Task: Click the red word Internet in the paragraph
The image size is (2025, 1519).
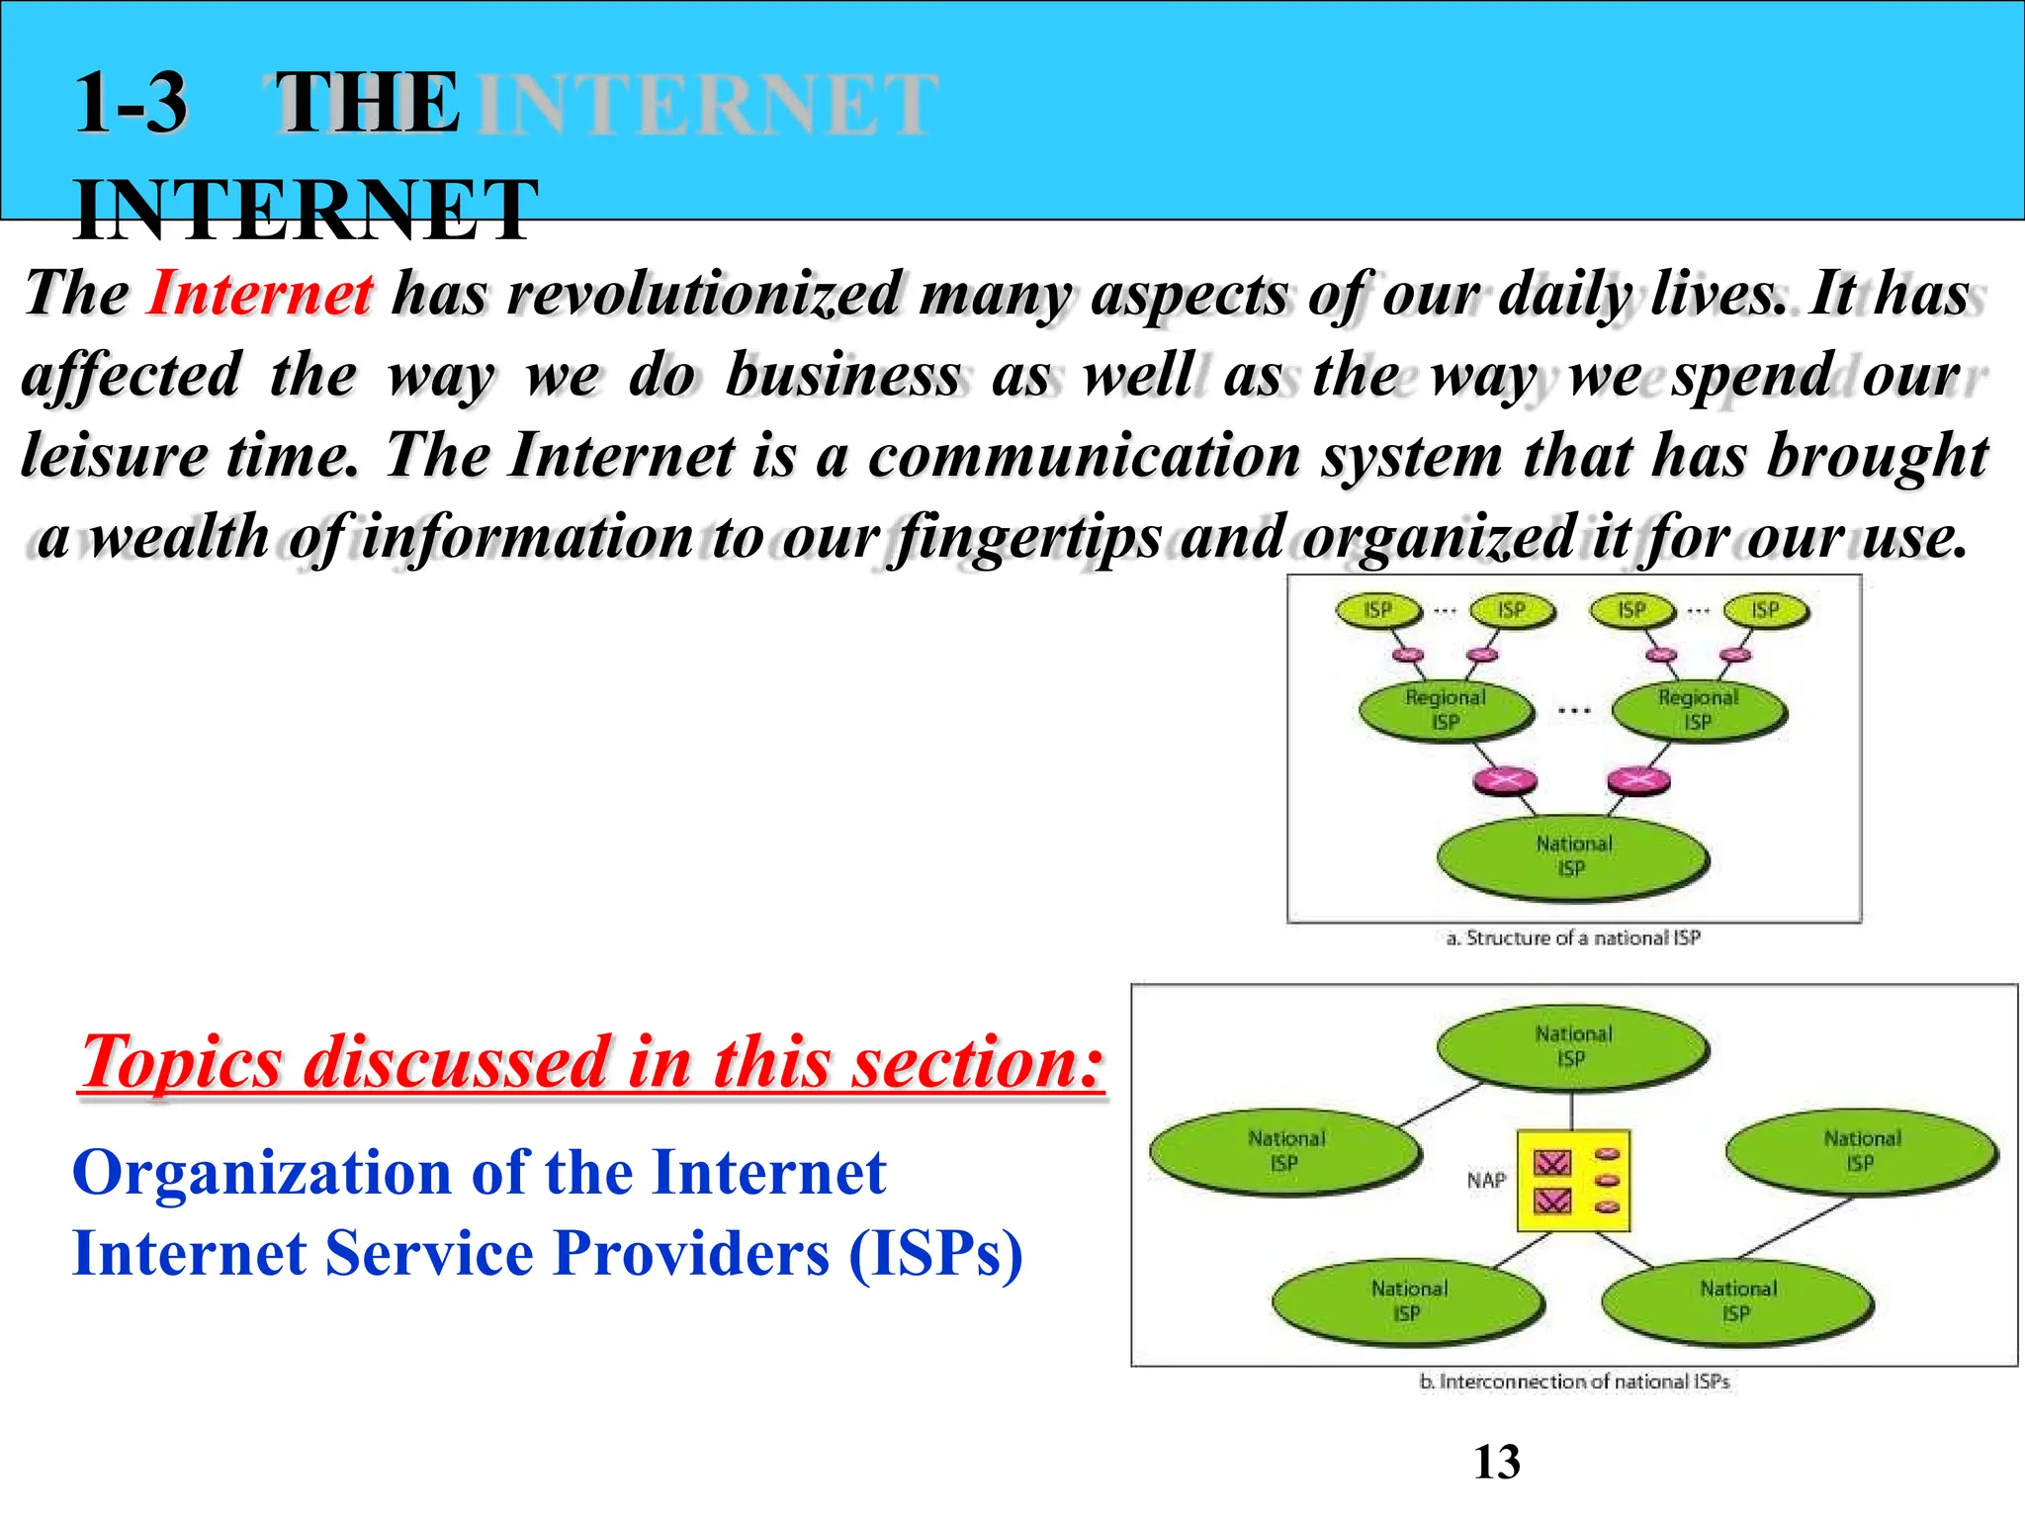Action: click(x=260, y=294)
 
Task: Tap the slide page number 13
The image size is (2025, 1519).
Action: click(x=1496, y=1462)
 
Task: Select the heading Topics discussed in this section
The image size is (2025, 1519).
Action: click(x=591, y=1062)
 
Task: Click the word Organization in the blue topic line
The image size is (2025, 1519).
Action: click(x=261, y=1174)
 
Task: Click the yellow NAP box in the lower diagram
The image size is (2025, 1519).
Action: click(x=1573, y=1181)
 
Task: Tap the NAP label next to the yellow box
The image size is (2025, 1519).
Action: click(x=1485, y=1181)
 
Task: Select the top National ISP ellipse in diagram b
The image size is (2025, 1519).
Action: click(x=1572, y=1047)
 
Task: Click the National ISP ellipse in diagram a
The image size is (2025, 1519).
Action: click(x=1572, y=856)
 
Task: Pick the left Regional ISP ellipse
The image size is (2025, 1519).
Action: click(x=1445, y=710)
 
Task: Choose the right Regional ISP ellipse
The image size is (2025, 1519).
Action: click(x=1698, y=710)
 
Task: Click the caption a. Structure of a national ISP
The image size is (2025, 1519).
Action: click(x=1573, y=938)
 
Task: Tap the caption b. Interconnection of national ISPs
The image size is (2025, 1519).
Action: click(x=1574, y=1382)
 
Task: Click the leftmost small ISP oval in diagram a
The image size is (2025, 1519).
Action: click(x=1377, y=610)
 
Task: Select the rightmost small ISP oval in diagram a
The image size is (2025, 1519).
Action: click(x=1765, y=610)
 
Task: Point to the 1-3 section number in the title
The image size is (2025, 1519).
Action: click(x=131, y=103)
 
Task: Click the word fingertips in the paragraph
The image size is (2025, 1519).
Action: click(x=1025, y=539)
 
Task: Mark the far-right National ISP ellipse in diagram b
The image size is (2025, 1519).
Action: click(x=1861, y=1151)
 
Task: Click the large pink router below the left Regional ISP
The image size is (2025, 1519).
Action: click(x=1505, y=781)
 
